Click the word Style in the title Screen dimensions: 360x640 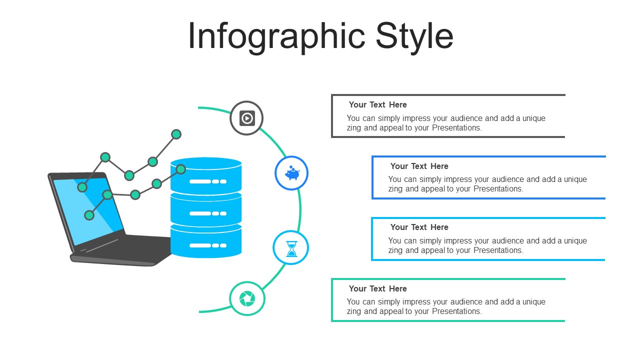(x=414, y=36)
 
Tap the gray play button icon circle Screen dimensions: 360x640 (x=246, y=118)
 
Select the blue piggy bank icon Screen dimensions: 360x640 (x=291, y=173)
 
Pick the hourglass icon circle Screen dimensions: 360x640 (x=291, y=248)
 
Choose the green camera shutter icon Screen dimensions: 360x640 (x=247, y=298)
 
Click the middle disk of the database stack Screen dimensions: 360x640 (x=206, y=210)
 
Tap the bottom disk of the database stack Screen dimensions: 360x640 (x=206, y=242)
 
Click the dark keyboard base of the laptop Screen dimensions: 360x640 (x=130, y=250)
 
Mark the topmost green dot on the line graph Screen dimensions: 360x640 (x=176, y=134)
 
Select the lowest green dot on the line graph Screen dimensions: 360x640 (x=89, y=215)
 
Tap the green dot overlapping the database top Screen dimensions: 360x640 (x=181, y=169)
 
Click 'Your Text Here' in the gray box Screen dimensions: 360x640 (x=377, y=104)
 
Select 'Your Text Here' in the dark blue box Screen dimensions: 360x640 (x=419, y=166)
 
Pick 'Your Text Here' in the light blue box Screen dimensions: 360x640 (x=419, y=227)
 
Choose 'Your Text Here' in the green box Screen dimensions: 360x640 (x=377, y=288)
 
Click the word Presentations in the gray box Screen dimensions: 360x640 (x=456, y=128)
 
